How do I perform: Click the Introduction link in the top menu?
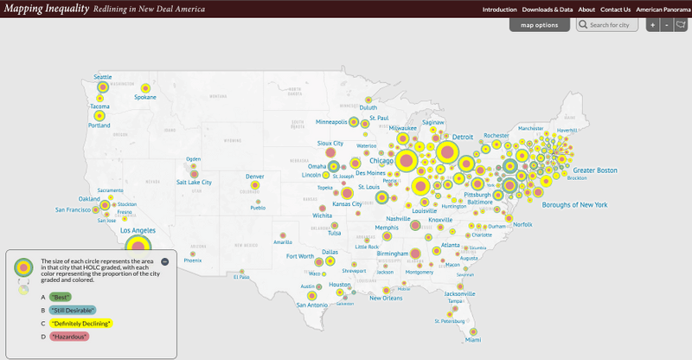[x=499, y=9]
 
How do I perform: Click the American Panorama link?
[x=663, y=9]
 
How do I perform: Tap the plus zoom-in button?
[x=653, y=24]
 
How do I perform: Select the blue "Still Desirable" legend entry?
[x=73, y=310]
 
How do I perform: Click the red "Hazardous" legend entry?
[x=69, y=336]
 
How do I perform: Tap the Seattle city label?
[x=103, y=77]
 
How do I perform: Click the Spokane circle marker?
[x=145, y=87]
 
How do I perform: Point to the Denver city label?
[x=255, y=176]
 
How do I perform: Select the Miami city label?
[x=472, y=340]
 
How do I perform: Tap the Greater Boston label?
[x=595, y=170]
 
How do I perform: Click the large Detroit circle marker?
[x=447, y=152]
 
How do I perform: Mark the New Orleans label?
[x=387, y=299]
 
